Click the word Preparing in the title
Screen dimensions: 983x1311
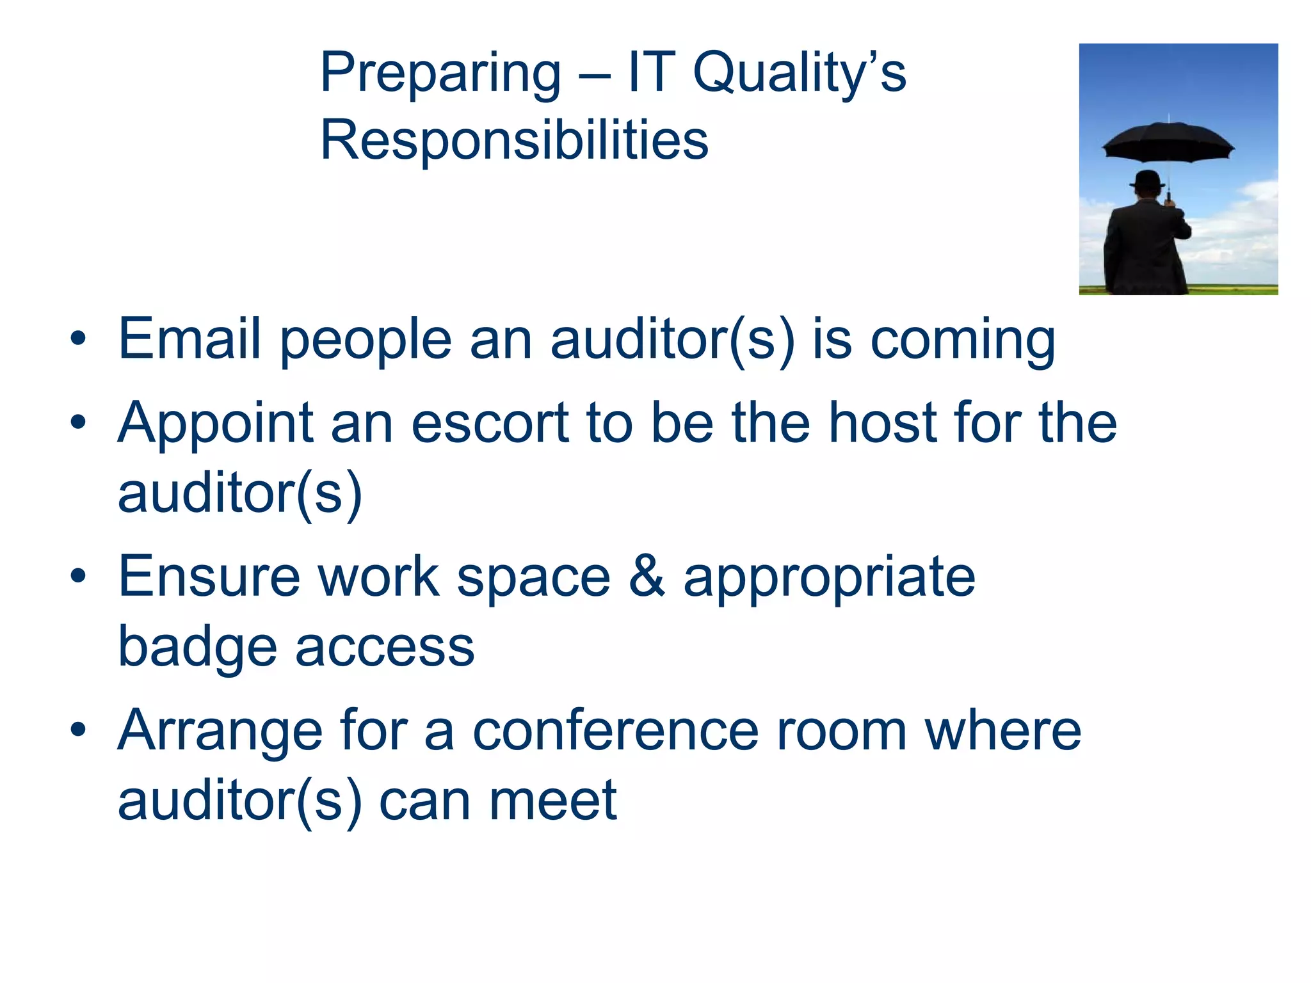[x=440, y=74]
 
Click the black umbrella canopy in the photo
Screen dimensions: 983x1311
[x=1168, y=141]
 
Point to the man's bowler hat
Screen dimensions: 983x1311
[x=1146, y=179]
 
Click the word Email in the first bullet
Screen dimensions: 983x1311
[x=189, y=339]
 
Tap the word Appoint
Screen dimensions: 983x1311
[x=216, y=424]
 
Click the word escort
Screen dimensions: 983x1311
[x=490, y=424]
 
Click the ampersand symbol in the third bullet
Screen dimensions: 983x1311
[x=647, y=576]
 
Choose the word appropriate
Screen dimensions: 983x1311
[x=829, y=579]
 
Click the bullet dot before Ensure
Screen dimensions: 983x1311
[x=78, y=576]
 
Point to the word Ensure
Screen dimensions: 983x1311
[x=209, y=576]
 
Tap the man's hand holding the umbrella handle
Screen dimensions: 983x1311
[x=1169, y=203]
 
